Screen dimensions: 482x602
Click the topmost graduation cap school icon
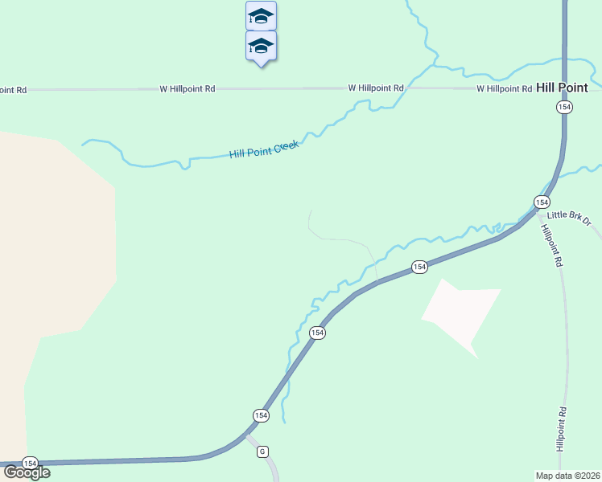tap(261, 15)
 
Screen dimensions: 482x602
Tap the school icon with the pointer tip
tap(261, 45)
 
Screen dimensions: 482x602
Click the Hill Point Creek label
tap(264, 149)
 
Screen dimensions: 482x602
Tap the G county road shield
tap(262, 451)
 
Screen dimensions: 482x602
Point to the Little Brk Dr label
tap(569, 217)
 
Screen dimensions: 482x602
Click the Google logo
tap(26, 472)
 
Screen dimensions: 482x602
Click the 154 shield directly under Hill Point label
tap(564, 108)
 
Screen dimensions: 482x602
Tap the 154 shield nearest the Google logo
tap(30, 464)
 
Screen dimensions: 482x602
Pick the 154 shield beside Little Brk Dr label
tap(542, 202)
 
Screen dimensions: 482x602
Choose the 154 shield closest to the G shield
tap(260, 415)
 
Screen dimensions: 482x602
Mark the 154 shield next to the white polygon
tap(419, 267)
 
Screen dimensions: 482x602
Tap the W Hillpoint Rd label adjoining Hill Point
tap(504, 88)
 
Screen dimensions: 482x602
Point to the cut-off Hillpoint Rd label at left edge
tap(13, 90)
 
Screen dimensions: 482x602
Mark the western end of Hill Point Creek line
tap(83, 145)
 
